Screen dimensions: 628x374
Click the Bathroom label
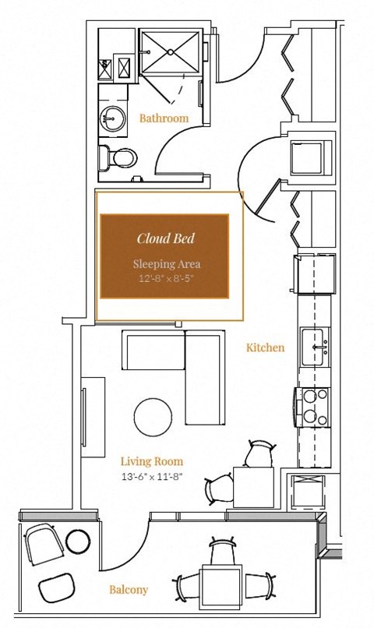click(164, 118)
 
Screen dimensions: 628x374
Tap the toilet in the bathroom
click(117, 158)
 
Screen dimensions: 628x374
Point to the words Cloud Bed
click(165, 238)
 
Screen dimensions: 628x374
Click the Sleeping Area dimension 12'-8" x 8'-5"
click(165, 278)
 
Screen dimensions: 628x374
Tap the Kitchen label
click(265, 348)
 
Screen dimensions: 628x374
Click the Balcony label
click(129, 590)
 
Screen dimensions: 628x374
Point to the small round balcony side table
click(79, 541)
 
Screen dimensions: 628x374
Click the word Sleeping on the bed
click(150, 264)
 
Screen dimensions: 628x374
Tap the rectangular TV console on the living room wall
click(93, 417)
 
